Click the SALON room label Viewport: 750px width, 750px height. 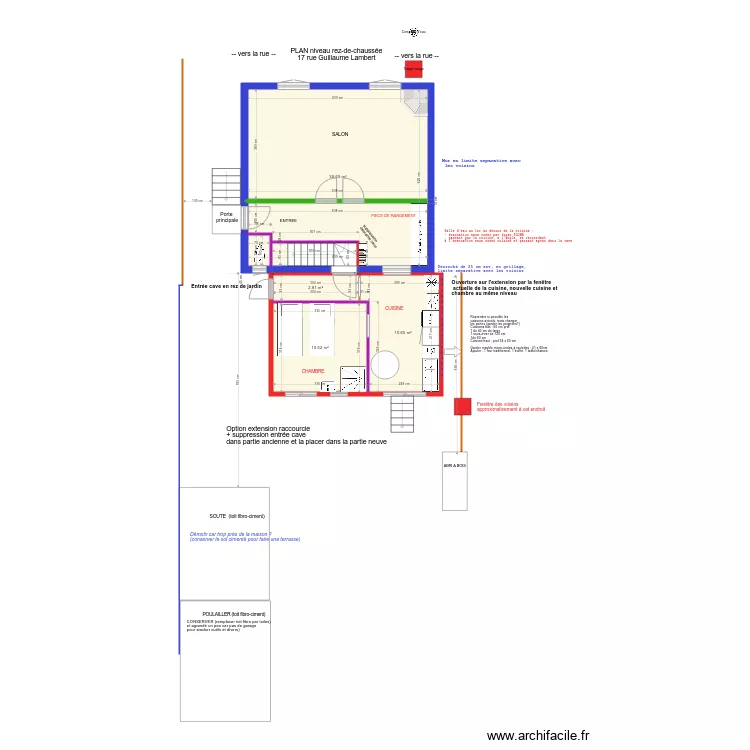pos(340,134)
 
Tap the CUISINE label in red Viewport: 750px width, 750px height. pos(394,308)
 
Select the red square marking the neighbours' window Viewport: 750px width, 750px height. pos(462,406)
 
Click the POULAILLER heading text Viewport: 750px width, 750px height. pos(233,613)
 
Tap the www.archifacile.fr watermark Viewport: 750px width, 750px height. pos(539,735)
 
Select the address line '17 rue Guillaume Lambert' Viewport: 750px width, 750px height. pos(336,58)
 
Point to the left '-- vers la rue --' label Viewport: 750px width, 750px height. pos(253,54)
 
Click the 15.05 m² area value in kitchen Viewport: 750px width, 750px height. pos(403,333)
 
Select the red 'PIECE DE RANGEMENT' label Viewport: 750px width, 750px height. pos(392,215)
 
